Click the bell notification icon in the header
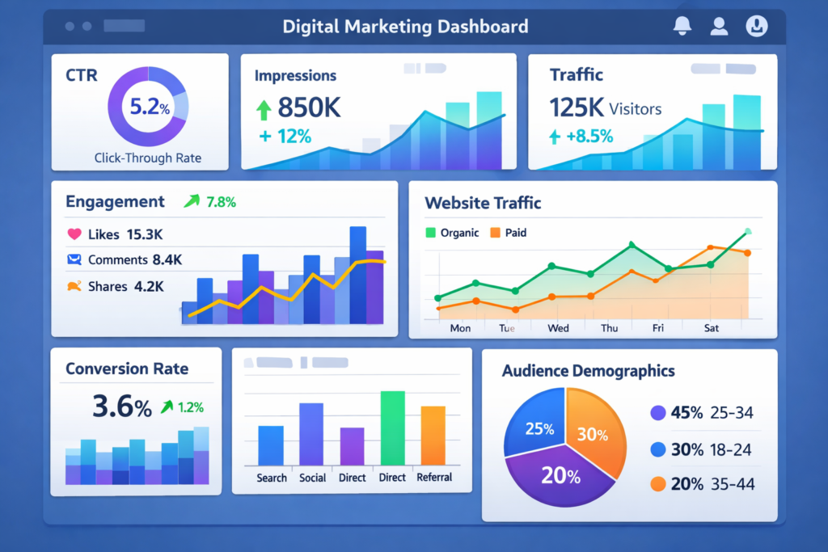pos(682,26)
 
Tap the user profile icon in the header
pos(719,26)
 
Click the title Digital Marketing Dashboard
pos(405,26)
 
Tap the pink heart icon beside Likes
pos(74,234)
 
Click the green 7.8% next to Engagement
pos(220,202)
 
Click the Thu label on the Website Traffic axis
pos(609,328)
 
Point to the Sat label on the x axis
pos(711,328)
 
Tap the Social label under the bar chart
pos(312,478)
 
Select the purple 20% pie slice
pos(558,477)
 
